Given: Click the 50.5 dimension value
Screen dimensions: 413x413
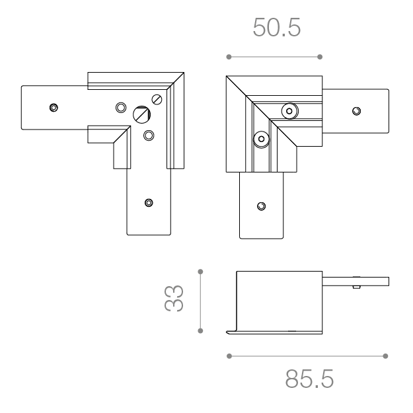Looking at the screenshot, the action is tap(277, 27).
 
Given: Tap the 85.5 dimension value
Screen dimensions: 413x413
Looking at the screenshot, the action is tap(309, 379).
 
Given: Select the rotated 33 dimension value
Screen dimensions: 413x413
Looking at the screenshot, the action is tap(174, 298).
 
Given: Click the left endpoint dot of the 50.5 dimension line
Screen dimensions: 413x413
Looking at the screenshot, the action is tap(229, 57).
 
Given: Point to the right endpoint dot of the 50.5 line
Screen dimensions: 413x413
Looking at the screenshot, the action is tap(320, 57).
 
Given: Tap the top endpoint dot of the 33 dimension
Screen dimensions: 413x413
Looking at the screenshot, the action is tap(200, 272).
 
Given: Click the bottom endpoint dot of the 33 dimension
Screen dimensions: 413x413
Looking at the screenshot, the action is tap(200, 331).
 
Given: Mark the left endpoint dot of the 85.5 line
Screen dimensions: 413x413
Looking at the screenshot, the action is tap(229, 356).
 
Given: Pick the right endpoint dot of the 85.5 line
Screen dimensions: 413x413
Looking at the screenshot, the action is tap(385, 356).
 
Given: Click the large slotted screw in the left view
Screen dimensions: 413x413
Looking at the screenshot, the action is tap(141, 114).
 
